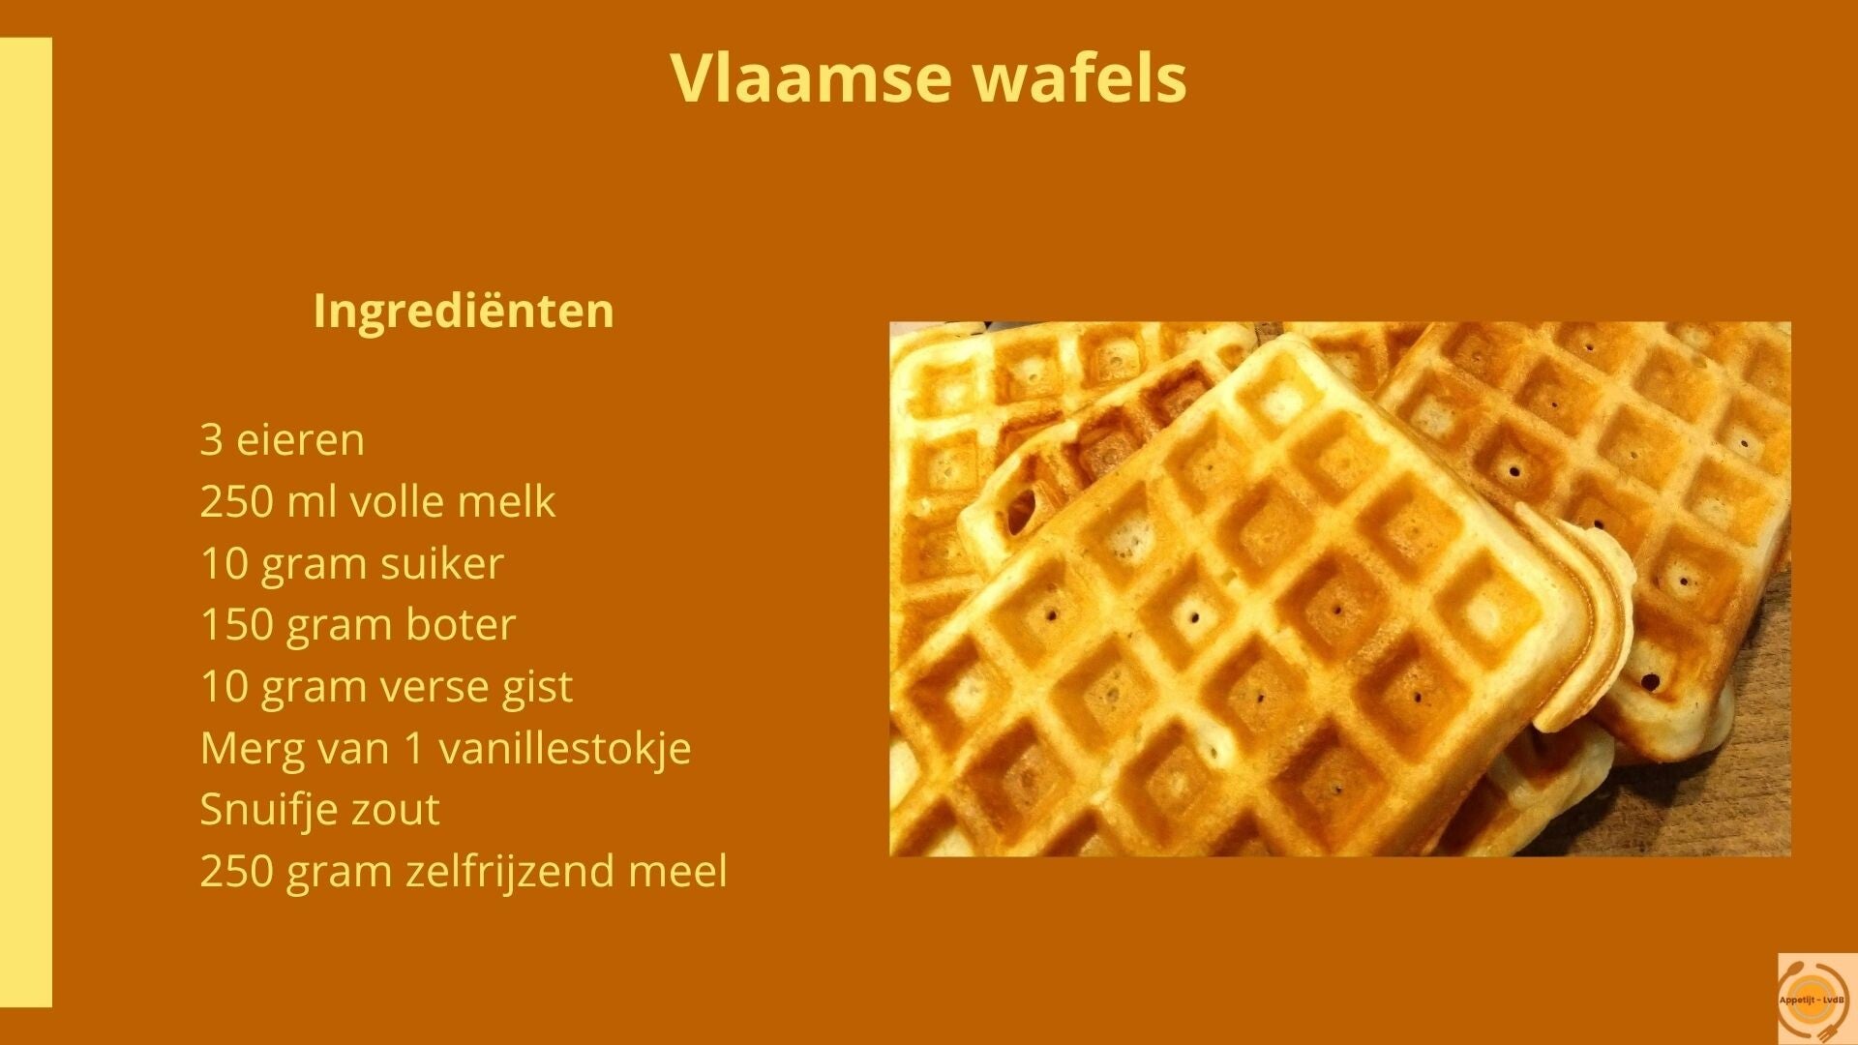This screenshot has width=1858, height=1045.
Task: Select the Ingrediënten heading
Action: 464,312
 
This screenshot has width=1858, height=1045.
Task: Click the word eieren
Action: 301,439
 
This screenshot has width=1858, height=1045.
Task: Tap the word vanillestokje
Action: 565,748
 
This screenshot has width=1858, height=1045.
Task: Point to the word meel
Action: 677,871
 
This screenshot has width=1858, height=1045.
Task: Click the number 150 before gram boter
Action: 230,625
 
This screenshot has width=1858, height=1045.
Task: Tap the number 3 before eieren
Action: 211,440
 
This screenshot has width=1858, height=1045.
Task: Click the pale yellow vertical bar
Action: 26,522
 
